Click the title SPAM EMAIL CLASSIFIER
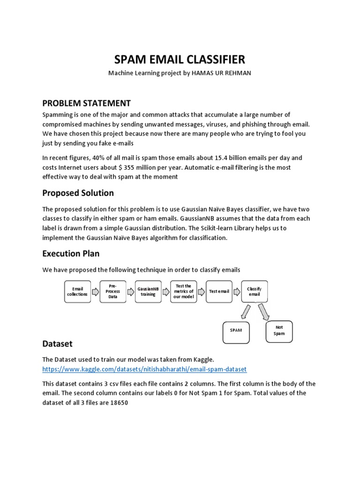(180, 60)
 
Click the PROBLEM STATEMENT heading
(86, 103)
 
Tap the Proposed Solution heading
(78, 193)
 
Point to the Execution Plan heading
(71, 253)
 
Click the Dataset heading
(57, 344)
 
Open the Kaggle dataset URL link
(144, 369)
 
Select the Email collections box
(77, 292)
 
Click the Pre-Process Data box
(112, 292)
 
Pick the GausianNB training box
(148, 292)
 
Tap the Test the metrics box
(183, 292)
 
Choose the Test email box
(219, 292)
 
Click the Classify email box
(254, 292)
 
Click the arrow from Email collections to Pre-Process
(95, 292)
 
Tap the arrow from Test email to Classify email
(237, 292)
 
